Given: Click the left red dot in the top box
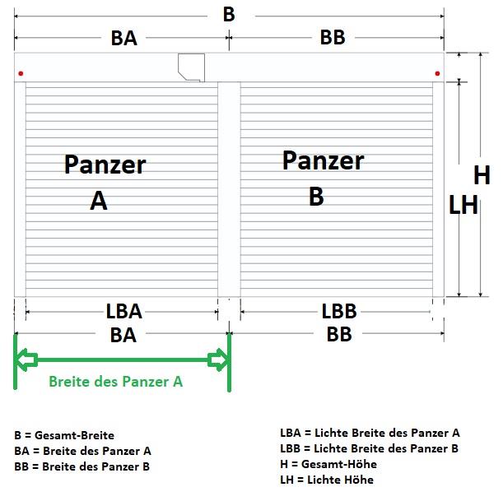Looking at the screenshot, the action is [x=21, y=73].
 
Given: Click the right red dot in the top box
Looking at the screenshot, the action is [x=437, y=73].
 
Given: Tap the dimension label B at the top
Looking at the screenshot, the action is [x=229, y=15].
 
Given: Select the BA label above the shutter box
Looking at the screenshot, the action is [x=123, y=38].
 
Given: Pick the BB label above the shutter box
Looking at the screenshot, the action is [x=333, y=37].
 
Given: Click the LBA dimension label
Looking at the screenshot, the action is [x=123, y=311].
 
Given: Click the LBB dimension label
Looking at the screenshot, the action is [x=339, y=311].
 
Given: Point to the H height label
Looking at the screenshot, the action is [x=482, y=175].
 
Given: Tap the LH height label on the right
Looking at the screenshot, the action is [x=463, y=205].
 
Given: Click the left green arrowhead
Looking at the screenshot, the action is [x=26, y=360].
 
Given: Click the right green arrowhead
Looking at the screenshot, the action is [x=218, y=360].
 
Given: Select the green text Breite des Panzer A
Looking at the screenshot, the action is [x=116, y=382].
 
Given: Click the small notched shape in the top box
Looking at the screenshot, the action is [x=192, y=67].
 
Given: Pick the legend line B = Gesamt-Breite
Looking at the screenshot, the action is [x=64, y=435].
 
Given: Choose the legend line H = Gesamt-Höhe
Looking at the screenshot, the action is [x=328, y=464].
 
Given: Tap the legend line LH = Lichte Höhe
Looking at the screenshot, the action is [x=327, y=480].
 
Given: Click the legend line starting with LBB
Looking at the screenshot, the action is [x=370, y=448].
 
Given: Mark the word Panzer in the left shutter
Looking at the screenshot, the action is [x=105, y=165].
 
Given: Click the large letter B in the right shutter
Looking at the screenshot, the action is [x=316, y=196].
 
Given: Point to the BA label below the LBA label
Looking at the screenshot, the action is [x=123, y=336].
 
